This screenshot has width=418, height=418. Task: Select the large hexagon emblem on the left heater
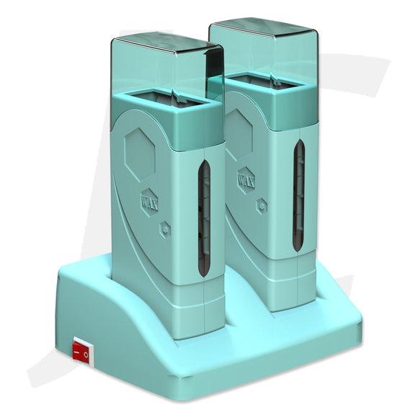139,154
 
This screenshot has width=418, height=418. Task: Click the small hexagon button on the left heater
165,228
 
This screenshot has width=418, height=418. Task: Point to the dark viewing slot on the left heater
204,218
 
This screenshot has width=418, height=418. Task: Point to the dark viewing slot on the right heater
299,196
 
